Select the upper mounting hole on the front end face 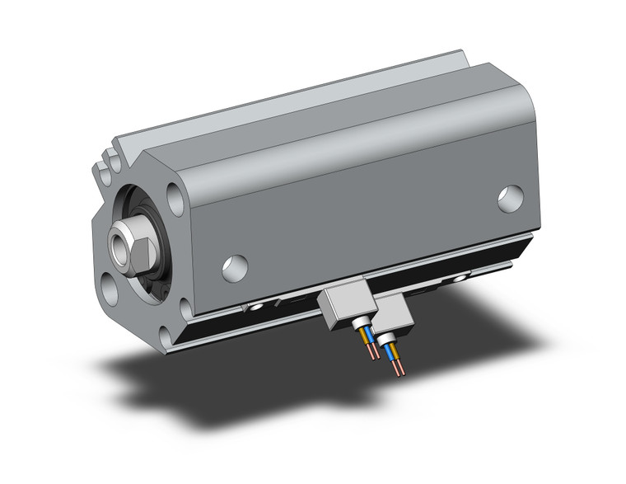tap(175, 200)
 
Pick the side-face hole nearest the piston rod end tap(235, 267)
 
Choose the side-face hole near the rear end tap(510, 198)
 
